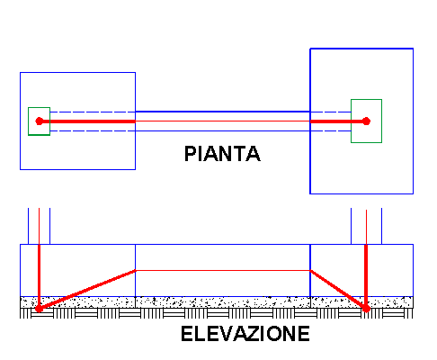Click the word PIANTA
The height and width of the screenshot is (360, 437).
tap(222, 154)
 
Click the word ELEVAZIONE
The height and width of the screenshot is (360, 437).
tap(245, 334)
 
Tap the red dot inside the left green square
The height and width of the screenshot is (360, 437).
tap(39, 121)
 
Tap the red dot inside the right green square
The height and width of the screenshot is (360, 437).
tap(366, 121)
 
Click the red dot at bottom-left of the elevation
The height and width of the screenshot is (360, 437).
tap(39, 309)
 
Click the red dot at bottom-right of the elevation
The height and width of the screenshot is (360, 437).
tap(366, 309)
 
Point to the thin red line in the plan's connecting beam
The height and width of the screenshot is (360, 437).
tap(223, 121)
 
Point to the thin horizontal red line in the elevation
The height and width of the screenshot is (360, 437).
tap(223, 271)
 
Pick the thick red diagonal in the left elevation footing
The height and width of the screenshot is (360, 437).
tap(87, 290)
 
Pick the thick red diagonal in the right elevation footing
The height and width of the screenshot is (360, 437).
tap(338, 290)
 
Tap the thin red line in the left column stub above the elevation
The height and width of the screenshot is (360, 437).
tap(39, 226)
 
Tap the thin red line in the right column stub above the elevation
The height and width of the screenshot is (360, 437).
tap(366, 227)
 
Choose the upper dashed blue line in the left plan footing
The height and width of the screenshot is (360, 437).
tap(93, 112)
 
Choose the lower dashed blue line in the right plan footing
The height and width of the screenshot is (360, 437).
tap(331, 130)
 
